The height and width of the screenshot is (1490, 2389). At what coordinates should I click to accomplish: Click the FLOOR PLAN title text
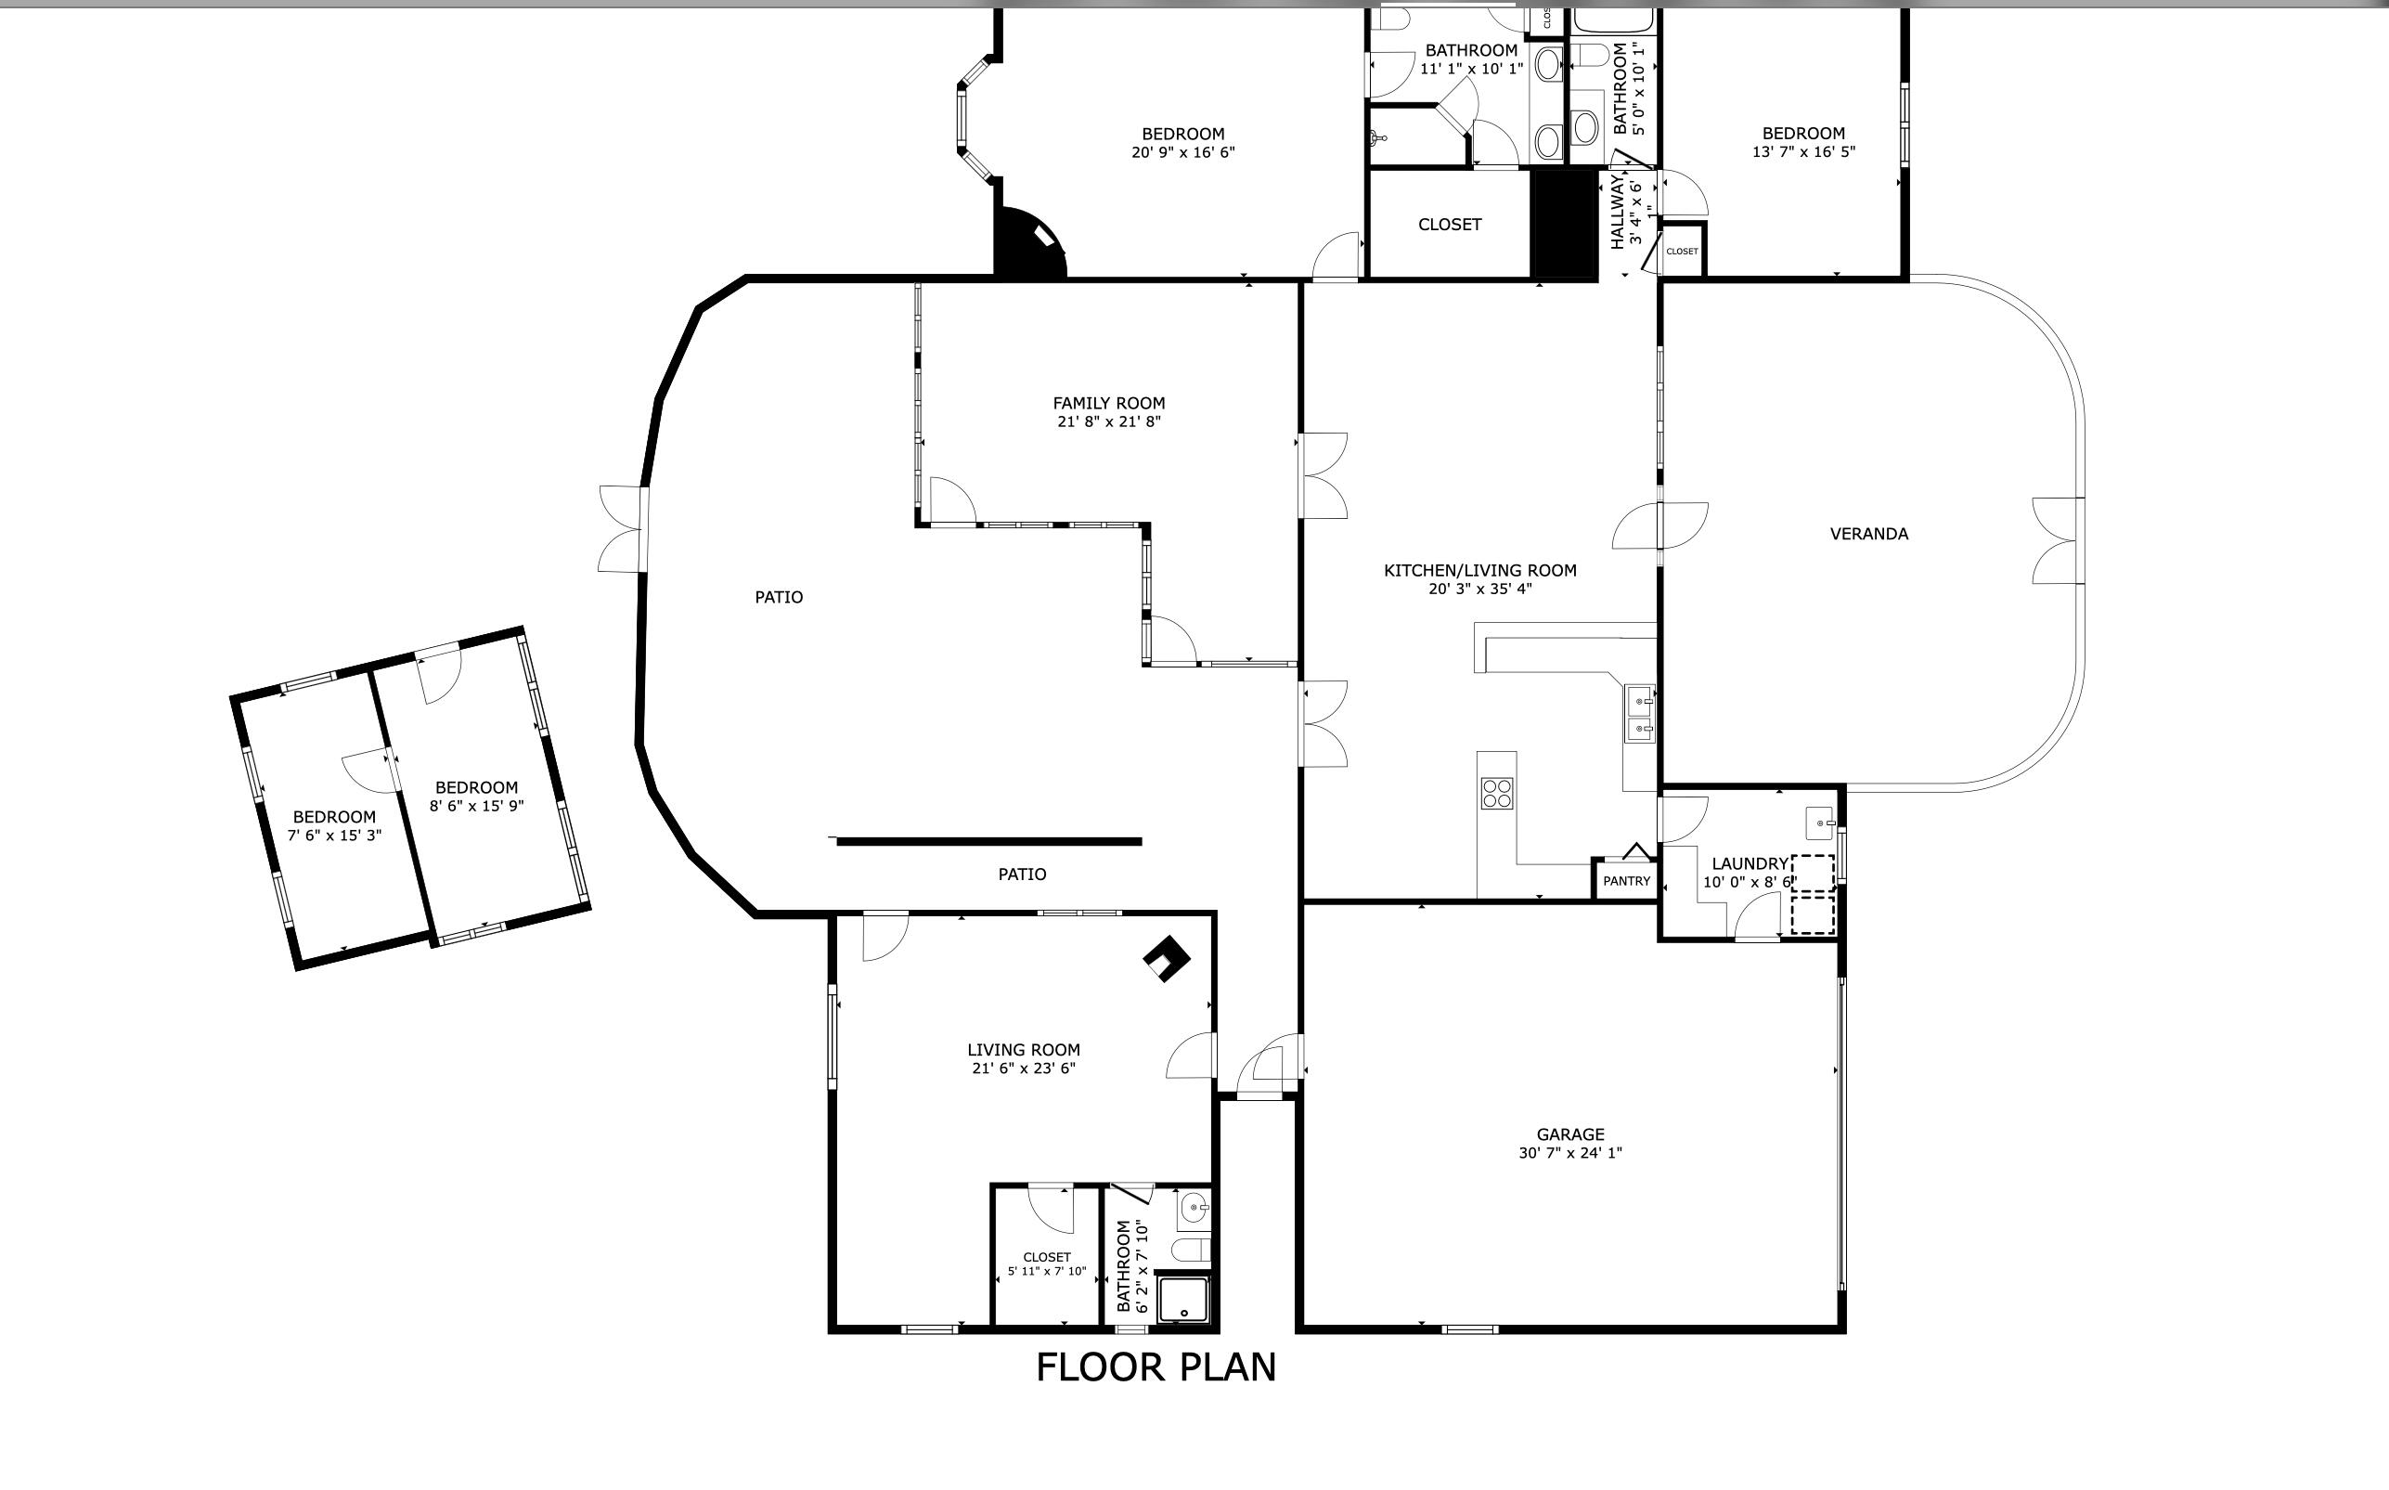[1156, 1367]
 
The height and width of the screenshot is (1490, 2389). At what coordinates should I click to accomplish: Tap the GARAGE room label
[1570, 1134]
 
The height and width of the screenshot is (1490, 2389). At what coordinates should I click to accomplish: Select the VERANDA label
[1869, 534]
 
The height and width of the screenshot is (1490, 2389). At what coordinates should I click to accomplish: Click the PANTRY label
[1626, 881]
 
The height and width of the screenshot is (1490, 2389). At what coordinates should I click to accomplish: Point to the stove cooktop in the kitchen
[1496, 794]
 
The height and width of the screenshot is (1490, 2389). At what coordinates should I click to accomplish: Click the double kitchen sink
[1640, 715]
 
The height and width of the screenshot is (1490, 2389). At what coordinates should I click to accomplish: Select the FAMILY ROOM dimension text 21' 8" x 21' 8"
[1108, 421]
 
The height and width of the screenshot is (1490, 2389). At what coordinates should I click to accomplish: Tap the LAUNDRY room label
[1750, 864]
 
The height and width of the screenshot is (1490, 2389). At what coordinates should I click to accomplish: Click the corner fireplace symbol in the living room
[1167, 958]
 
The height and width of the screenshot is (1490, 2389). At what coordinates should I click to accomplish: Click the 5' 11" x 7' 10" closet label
[1046, 1264]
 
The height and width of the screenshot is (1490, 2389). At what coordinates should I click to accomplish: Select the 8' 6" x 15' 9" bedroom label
[476, 797]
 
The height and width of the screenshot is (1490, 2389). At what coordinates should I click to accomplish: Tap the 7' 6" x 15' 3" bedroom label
[334, 826]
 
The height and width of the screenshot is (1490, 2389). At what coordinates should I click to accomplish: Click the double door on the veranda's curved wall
[2059, 540]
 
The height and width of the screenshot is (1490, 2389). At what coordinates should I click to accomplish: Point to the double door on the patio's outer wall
[623, 528]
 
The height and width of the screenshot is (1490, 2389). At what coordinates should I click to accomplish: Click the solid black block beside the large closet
[1564, 225]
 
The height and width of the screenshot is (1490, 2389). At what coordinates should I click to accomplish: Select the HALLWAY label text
[1618, 212]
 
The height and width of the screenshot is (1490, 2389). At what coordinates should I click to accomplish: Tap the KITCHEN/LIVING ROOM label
[1479, 571]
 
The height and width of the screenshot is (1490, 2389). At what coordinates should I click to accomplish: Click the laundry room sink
[1819, 820]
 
